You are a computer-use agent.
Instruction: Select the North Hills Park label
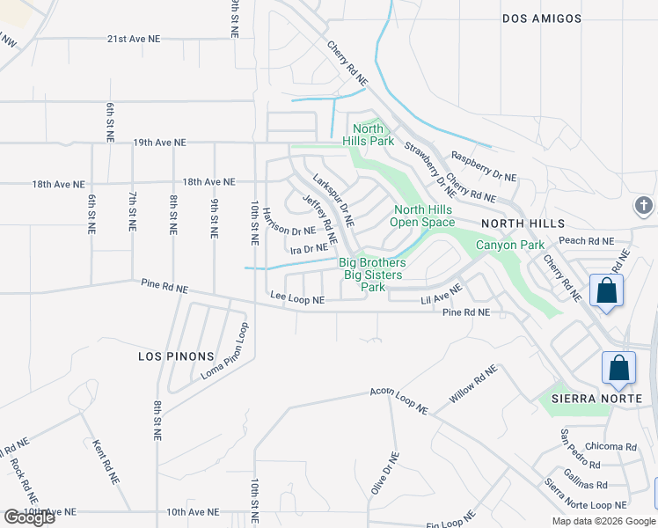[368, 135]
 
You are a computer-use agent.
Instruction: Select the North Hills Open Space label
[423, 216]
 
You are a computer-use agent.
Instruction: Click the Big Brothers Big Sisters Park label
[374, 275]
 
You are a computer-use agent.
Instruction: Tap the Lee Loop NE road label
[297, 300]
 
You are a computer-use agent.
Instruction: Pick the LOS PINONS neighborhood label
[176, 356]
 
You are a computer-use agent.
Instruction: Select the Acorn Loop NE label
[398, 400]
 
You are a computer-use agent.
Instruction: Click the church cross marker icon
[644, 206]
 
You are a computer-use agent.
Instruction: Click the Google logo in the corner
[30, 517]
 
